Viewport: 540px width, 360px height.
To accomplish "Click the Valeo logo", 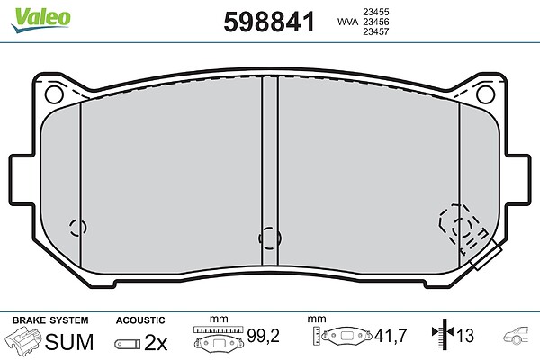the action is coord(40,20).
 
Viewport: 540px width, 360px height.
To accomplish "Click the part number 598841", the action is coord(269,22).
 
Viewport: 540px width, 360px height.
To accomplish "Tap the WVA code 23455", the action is coord(376,12).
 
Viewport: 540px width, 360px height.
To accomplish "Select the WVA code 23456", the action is coord(376,22).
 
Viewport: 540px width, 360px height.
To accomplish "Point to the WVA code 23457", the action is coord(376,31).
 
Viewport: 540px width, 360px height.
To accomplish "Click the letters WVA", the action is coord(347,22).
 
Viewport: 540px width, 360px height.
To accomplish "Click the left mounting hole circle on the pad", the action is coord(54,94).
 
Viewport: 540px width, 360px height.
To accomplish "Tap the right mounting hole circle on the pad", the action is coord(486,94).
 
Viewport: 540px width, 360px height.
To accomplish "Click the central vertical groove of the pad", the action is coord(270,171).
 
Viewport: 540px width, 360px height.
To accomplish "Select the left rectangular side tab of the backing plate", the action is coord(22,180).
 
